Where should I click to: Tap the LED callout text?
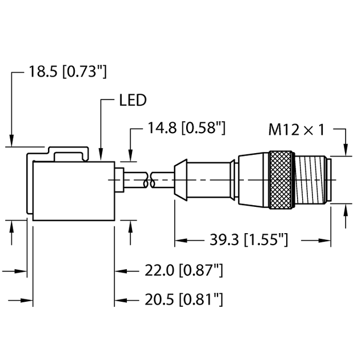132,101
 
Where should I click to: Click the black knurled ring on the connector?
281,179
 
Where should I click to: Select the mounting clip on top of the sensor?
69,153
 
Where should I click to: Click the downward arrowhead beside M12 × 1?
346,150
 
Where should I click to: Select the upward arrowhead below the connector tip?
346,212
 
